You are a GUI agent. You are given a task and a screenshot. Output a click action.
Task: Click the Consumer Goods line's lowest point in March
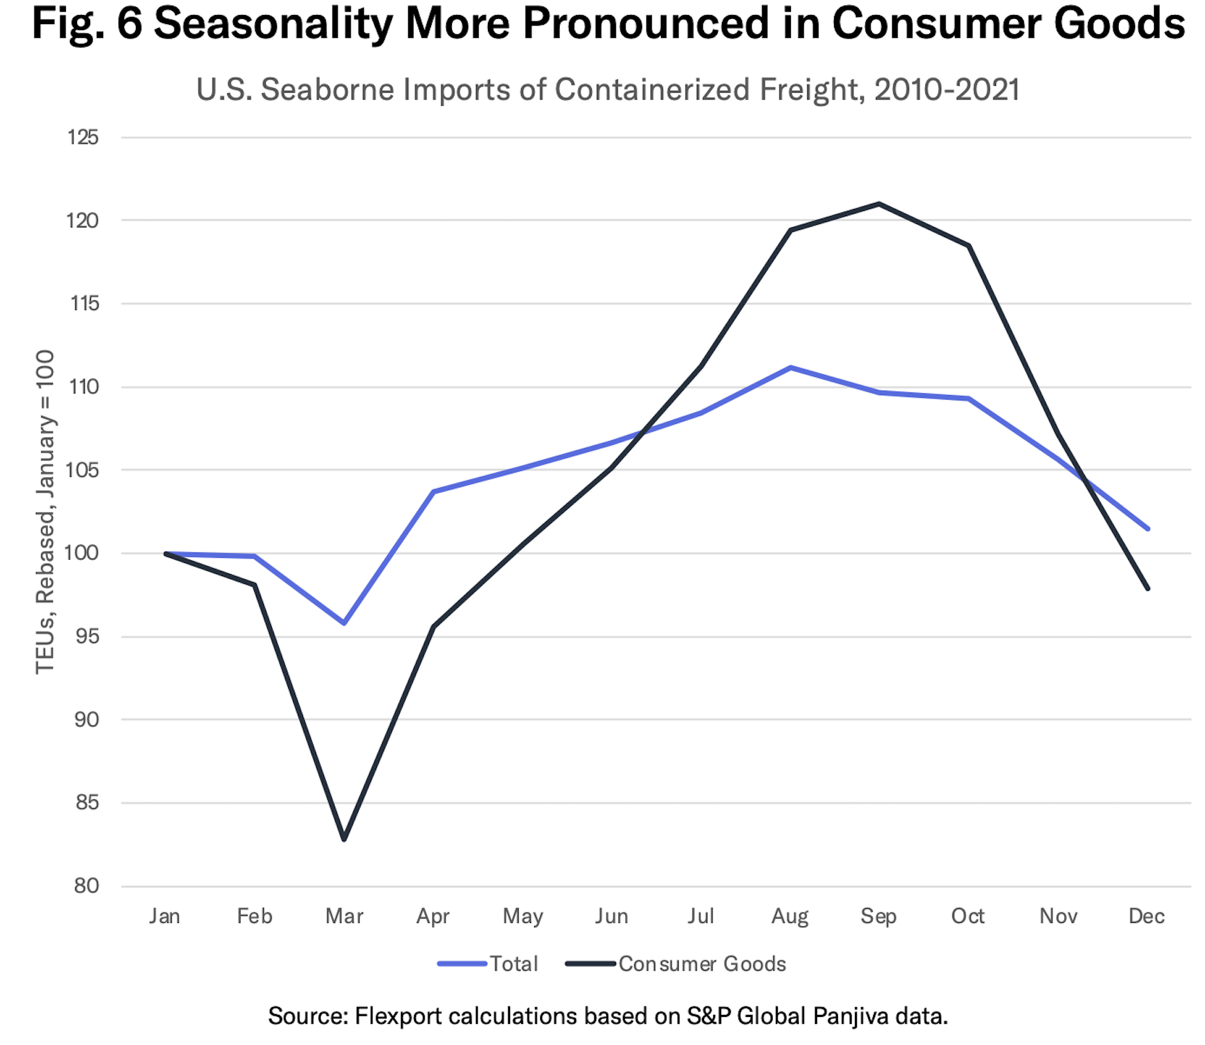pyautogui.click(x=344, y=839)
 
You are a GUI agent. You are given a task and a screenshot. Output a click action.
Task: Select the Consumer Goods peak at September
pyautogui.click(x=878, y=204)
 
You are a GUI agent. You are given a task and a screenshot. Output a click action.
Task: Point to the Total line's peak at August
pyautogui.click(x=790, y=368)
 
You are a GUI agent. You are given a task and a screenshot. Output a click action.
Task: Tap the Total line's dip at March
pyautogui.click(x=344, y=623)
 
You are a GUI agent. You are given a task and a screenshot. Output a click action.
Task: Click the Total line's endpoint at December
pyautogui.click(x=1147, y=528)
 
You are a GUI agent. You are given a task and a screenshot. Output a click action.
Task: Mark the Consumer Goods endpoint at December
pyautogui.click(x=1147, y=588)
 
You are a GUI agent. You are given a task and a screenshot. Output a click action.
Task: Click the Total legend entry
pyautogui.click(x=513, y=963)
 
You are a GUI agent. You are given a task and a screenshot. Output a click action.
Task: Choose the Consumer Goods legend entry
pyautogui.click(x=701, y=963)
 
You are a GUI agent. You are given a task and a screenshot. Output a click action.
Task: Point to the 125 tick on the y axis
pyautogui.click(x=83, y=137)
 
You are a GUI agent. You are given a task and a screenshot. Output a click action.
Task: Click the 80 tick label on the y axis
pyautogui.click(x=86, y=886)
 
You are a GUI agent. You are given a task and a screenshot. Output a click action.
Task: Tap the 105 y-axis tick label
pyautogui.click(x=83, y=470)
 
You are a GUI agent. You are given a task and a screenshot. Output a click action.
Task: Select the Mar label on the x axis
pyautogui.click(x=344, y=916)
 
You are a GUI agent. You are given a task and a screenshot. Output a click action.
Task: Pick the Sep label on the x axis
pyautogui.click(x=878, y=916)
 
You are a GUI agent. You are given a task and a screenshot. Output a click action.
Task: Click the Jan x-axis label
pyautogui.click(x=165, y=916)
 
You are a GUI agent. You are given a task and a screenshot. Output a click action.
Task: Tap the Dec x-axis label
pyautogui.click(x=1146, y=916)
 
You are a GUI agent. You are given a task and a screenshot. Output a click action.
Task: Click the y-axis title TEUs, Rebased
pyautogui.click(x=45, y=512)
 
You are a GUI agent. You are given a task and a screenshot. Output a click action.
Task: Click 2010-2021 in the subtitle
pyautogui.click(x=946, y=89)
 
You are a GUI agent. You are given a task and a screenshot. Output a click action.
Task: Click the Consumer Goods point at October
pyautogui.click(x=968, y=246)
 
